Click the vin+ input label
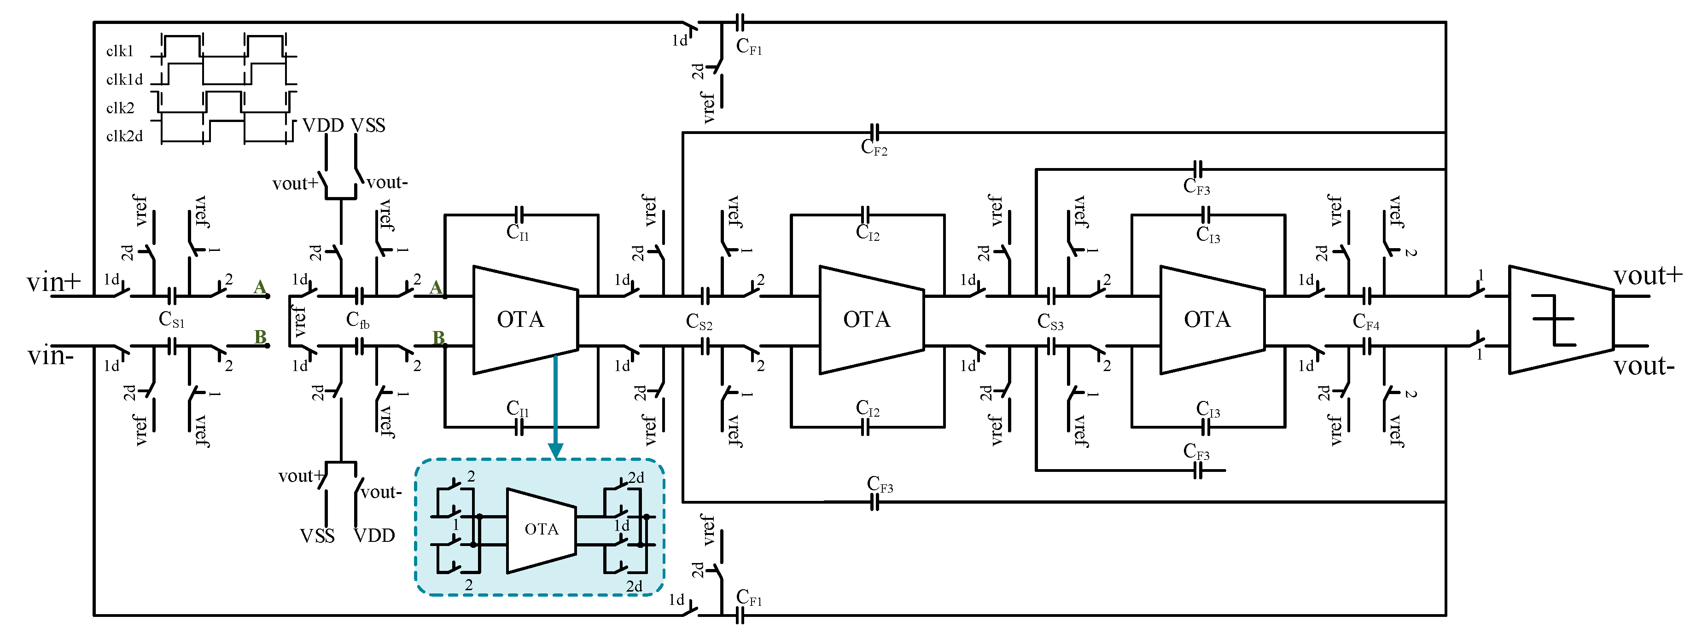(x=53, y=282)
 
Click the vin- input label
(x=50, y=357)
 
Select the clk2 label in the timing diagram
(x=120, y=108)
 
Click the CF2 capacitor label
(x=874, y=147)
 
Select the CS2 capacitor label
(x=699, y=322)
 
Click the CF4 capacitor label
(x=1366, y=322)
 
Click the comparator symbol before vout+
(x=1559, y=320)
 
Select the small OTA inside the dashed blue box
(x=541, y=530)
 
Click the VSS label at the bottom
(x=317, y=536)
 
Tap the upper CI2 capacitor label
(x=868, y=232)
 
